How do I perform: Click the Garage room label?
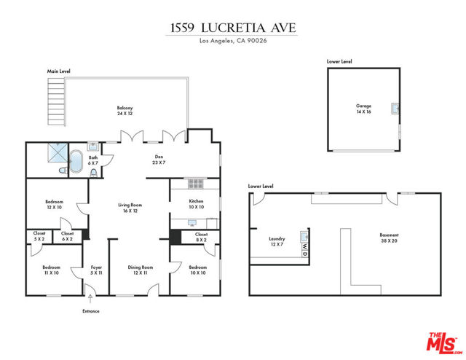[x=364, y=109]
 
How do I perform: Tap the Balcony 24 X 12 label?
[x=125, y=110]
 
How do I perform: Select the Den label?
[x=159, y=160]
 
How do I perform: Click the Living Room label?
[x=130, y=208]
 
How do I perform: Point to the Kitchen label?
[x=197, y=204]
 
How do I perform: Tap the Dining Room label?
[x=141, y=270]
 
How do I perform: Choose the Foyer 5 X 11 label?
[x=96, y=270]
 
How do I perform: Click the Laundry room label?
[x=277, y=241]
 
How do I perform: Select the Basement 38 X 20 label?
[x=389, y=238]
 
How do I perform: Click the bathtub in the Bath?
[x=76, y=161]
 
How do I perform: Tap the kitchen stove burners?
[x=196, y=184]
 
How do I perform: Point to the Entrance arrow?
[x=90, y=299]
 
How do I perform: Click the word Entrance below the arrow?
[x=91, y=311]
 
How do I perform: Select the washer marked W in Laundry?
[x=305, y=246]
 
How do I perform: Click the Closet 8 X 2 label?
[x=201, y=237]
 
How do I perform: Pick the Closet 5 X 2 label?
[x=39, y=236]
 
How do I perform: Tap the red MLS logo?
[x=443, y=343]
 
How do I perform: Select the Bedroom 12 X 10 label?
[x=55, y=204]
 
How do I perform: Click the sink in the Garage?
[x=395, y=109]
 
